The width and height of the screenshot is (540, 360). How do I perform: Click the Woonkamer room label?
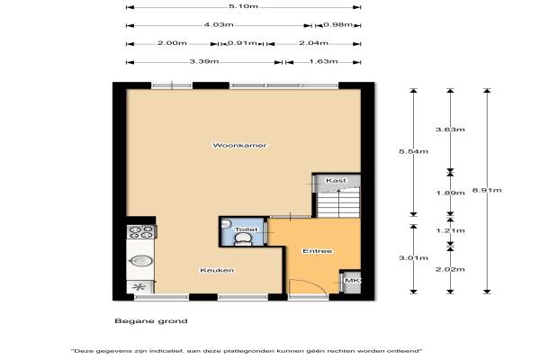coord(239,146)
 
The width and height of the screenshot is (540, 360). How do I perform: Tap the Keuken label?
coord(217,270)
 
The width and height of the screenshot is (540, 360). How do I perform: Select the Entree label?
coord(317,251)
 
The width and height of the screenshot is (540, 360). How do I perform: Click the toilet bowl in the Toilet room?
coord(244,238)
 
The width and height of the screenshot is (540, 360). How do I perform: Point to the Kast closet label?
coord(336,181)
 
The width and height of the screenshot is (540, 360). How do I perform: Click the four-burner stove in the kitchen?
coord(140,232)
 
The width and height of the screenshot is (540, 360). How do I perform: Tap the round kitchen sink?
coord(141,261)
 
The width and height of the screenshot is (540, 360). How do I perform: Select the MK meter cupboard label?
coord(352,281)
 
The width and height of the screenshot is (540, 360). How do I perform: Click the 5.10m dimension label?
coord(243,6)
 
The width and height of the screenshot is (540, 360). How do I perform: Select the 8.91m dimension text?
coord(487,190)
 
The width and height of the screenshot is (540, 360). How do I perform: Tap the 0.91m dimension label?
coord(242,43)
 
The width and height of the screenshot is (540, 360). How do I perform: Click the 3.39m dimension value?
coord(204,62)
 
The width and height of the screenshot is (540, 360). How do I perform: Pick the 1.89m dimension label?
coord(450,193)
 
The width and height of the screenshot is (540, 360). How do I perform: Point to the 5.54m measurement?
coord(413,151)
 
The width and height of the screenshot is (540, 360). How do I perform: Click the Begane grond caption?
coord(151,321)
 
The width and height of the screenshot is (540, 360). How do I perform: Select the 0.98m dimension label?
coord(338,25)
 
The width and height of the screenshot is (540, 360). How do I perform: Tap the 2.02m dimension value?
coord(450,269)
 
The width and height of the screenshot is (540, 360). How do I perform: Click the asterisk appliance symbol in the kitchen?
coord(139,286)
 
